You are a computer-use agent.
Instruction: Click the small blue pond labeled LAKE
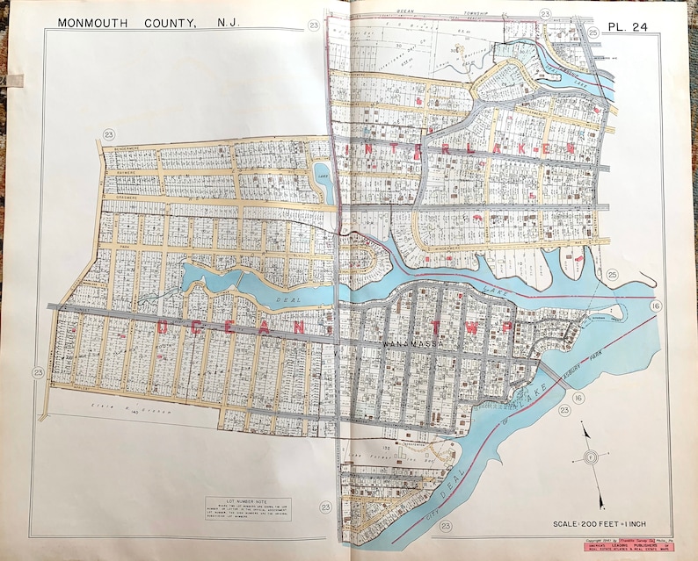coord(323,176)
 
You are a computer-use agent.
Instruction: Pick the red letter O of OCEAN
coord(163,327)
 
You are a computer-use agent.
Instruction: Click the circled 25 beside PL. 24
coord(593,32)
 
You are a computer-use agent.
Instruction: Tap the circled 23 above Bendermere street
coord(109,134)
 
